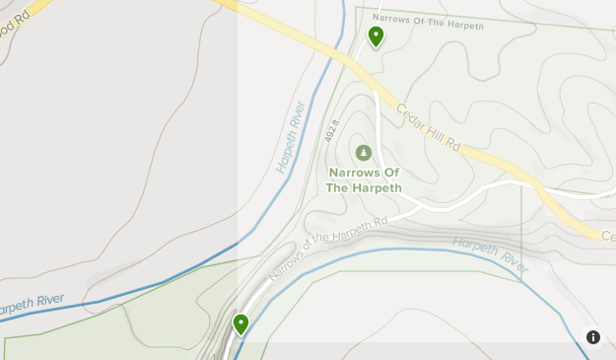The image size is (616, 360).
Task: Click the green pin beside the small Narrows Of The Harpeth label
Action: [x=376, y=36]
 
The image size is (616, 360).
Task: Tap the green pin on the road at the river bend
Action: [x=240, y=324]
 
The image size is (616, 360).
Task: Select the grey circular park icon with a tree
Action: [x=364, y=153]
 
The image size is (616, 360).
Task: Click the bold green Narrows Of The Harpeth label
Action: [x=364, y=180]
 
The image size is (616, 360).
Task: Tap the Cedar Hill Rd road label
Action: [x=429, y=128]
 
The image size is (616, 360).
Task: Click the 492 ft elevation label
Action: [x=331, y=130]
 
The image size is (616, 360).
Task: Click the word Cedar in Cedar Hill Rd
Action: [x=409, y=115]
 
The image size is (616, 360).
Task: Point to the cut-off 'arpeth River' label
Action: [x=32, y=305]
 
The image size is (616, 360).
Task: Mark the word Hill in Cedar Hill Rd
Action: [x=432, y=130]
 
